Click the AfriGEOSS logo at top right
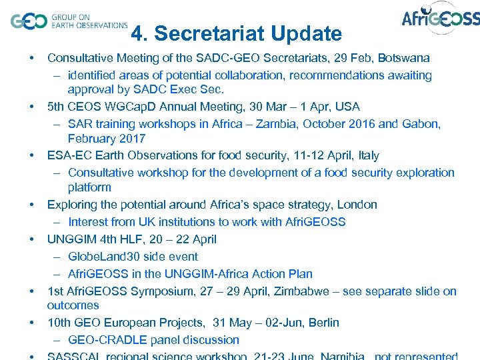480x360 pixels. click(440, 19)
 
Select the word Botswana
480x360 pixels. click(403, 58)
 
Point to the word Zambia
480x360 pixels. click(296, 123)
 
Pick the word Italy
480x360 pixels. click(369, 155)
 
